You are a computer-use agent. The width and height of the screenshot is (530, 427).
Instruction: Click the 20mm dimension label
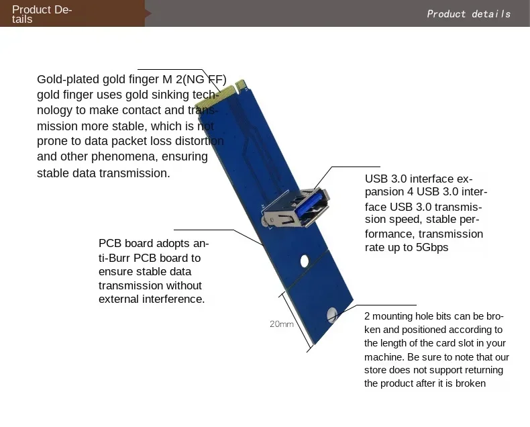coord(282,324)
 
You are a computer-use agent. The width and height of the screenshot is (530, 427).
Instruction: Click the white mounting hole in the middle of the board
coord(305,261)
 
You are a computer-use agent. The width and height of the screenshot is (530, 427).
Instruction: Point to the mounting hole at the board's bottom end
coord(332,315)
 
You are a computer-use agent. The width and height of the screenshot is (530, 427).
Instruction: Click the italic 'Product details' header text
coord(468,14)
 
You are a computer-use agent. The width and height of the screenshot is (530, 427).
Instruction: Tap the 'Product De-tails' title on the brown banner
coord(42,14)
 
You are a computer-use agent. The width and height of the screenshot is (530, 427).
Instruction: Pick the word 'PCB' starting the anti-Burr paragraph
coord(110,243)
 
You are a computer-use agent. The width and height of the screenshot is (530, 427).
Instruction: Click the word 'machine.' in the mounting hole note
coord(384,357)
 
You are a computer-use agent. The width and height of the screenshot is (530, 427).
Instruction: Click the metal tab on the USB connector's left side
coord(266,222)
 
